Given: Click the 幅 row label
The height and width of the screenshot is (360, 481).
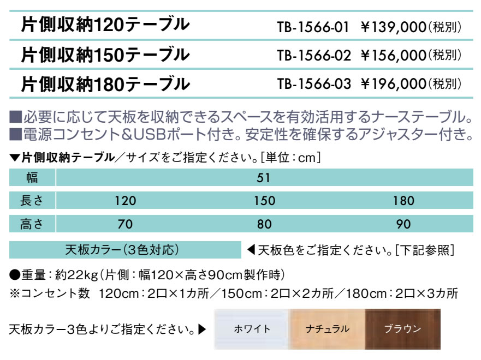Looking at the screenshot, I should click(32, 178).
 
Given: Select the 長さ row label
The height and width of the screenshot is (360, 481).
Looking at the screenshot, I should click(32, 201).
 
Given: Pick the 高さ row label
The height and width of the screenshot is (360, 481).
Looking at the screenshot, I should click(32, 224).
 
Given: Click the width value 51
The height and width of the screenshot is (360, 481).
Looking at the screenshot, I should click(264, 178).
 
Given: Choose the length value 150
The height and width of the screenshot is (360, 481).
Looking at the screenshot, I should click(264, 201).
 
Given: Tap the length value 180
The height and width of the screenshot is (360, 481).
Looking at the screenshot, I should click(403, 201).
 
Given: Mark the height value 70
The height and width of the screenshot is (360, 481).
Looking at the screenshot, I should click(125, 224).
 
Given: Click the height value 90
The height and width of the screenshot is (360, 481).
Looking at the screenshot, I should click(403, 224).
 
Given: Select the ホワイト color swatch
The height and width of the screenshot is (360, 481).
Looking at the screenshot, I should click(252, 329).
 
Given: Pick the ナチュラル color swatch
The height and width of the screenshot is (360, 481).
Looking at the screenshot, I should click(326, 329).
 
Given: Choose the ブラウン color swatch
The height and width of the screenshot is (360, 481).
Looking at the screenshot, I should click(402, 329).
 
